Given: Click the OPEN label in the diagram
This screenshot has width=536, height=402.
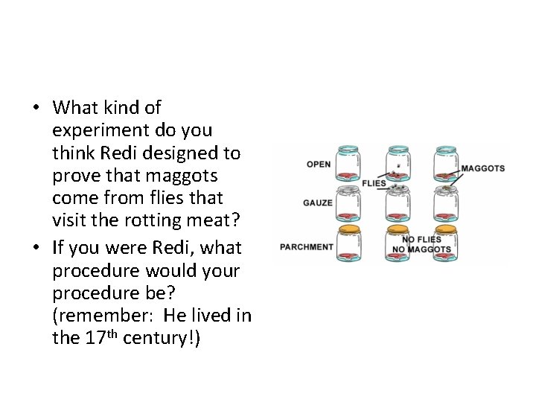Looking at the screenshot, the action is tap(319, 165).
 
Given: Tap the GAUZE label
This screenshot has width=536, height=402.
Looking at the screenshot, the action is tap(318, 202).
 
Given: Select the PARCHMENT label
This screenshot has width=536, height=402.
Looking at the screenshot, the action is tap(307, 247).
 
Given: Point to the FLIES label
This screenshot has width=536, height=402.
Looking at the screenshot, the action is tap(374, 183).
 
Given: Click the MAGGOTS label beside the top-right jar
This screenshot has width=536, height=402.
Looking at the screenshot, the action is tap(482, 168).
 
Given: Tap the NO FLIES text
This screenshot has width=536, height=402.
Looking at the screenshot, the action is tap(421, 240).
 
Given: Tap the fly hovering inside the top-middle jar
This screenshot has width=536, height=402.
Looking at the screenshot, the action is tap(399, 165).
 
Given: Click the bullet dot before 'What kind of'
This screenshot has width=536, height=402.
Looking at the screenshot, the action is tap(36, 108).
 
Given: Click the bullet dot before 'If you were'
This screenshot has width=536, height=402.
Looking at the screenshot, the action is tap(36, 246).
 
